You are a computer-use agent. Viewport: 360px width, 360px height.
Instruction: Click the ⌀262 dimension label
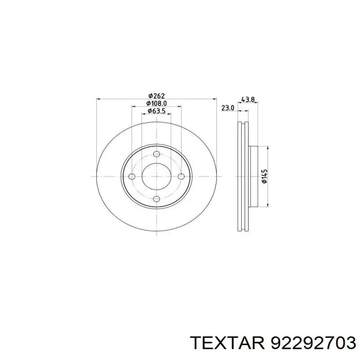click(157, 95)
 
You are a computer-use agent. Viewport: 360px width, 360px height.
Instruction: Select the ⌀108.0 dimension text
click(157, 103)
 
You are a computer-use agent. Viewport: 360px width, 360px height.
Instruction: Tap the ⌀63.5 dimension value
click(157, 111)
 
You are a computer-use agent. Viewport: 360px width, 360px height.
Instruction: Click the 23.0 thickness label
click(228, 108)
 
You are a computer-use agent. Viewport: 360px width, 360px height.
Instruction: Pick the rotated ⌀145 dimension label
click(265, 176)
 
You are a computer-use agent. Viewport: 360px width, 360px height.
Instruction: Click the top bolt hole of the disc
click(157, 154)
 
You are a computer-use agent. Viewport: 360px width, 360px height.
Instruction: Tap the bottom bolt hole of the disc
click(157, 199)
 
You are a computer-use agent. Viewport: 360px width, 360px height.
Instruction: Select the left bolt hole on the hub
click(132, 176)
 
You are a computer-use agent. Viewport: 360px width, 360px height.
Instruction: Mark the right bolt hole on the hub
click(181, 176)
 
